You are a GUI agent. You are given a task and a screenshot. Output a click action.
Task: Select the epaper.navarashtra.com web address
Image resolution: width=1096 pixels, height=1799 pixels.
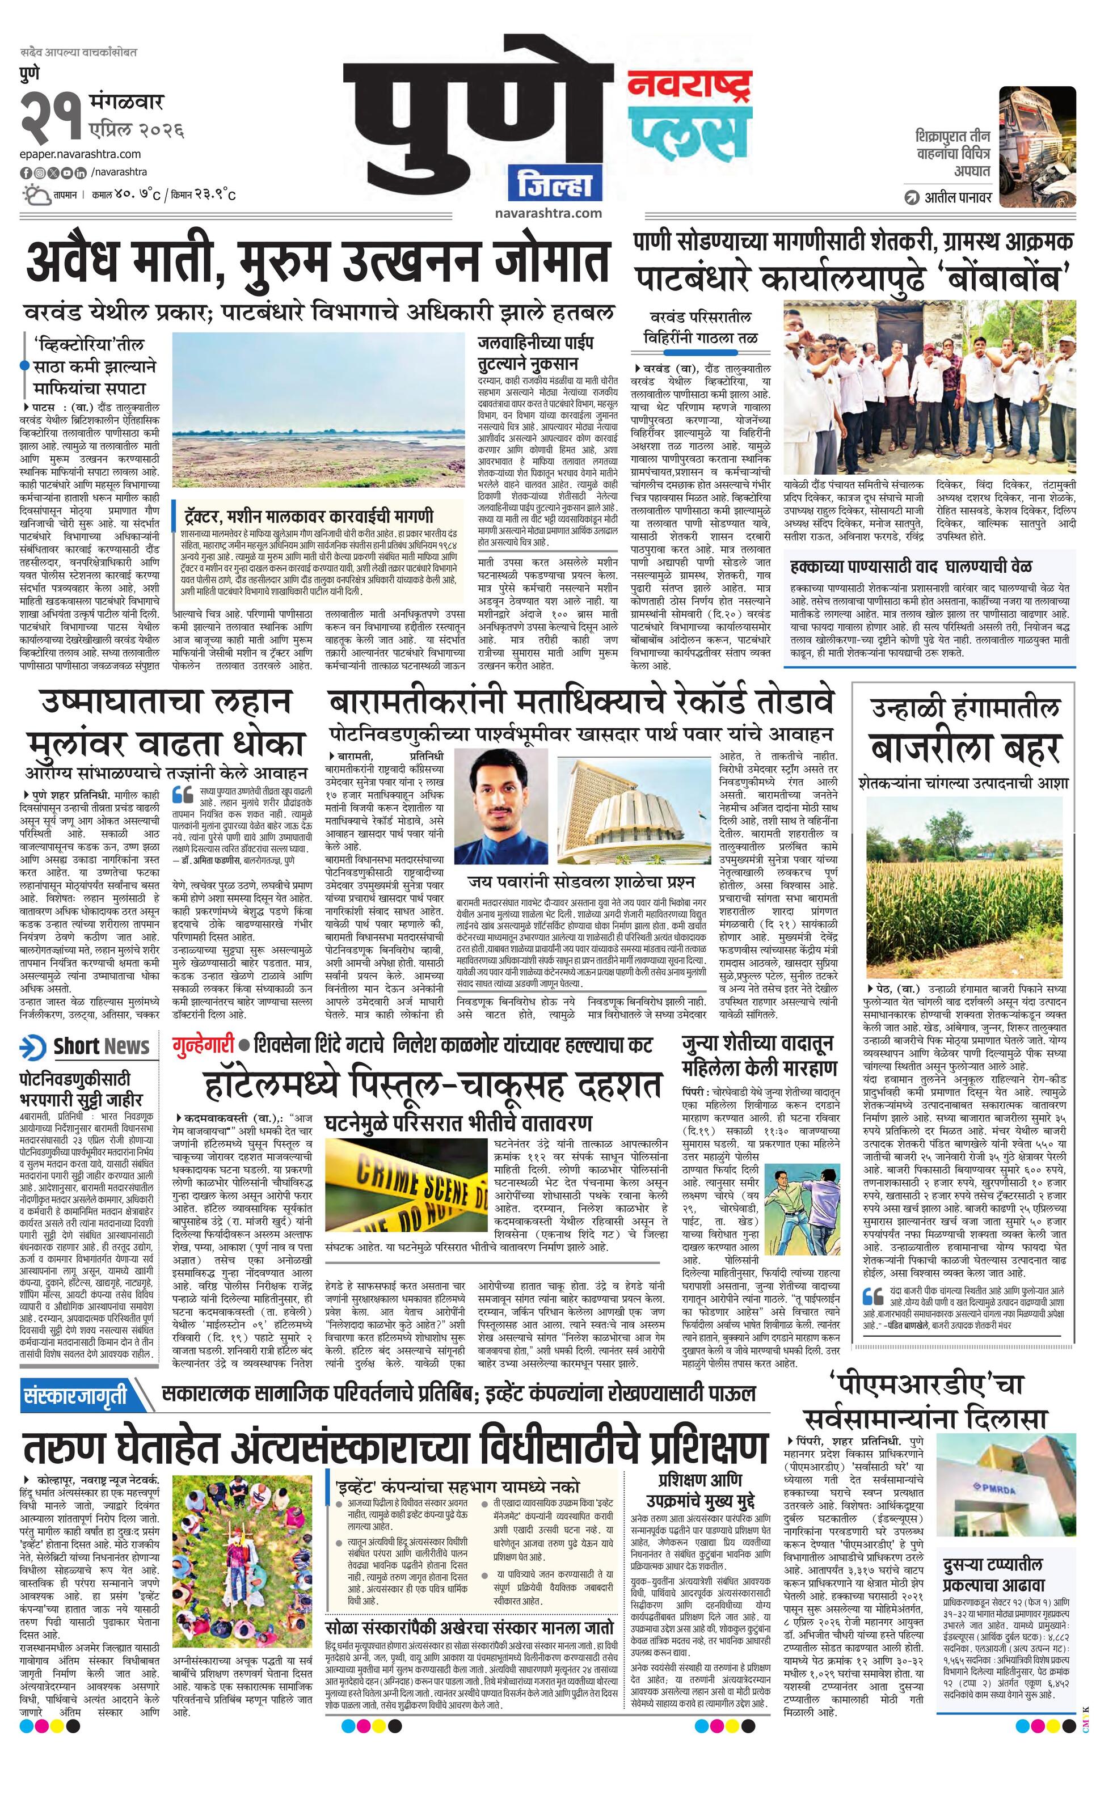pos(81,154)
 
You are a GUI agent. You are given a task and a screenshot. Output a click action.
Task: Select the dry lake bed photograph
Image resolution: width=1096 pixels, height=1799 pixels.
pos(318,411)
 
